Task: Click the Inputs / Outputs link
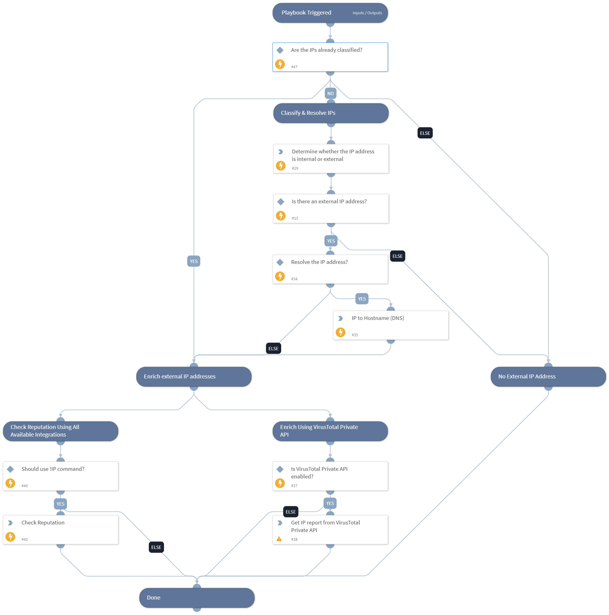pyautogui.click(x=367, y=13)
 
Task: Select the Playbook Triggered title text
pyautogui.click(x=306, y=13)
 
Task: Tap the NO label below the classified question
pyautogui.click(x=330, y=94)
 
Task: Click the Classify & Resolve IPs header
pyautogui.click(x=308, y=113)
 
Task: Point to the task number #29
pyautogui.click(x=295, y=168)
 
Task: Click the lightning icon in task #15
pyautogui.click(x=281, y=216)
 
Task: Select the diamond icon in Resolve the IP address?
pyautogui.click(x=280, y=262)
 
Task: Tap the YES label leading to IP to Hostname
pyautogui.click(x=362, y=299)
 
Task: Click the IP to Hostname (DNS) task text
pyautogui.click(x=378, y=318)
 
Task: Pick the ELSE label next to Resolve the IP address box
pyautogui.click(x=397, y=256)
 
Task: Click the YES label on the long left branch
pyautogui.click(x=194, y=261)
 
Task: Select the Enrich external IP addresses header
pyautogui.click(x=180, y=377)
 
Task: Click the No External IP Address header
pyautogui.click(x=527, y=377)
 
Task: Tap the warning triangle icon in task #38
pyautogui.click(x=279, y=539)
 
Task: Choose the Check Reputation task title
pyautogui.click(x=43, y=523)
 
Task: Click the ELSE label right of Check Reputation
pyautogui.click(x=156, y=547)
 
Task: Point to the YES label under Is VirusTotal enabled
pyautogui.click(x=330, y=503)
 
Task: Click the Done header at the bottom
pyautogui.click(x=153, y=597)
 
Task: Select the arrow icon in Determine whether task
pyautogui.click(x=281, y=152)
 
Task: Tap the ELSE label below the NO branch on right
pyautogui.click(x=425, y=133)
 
